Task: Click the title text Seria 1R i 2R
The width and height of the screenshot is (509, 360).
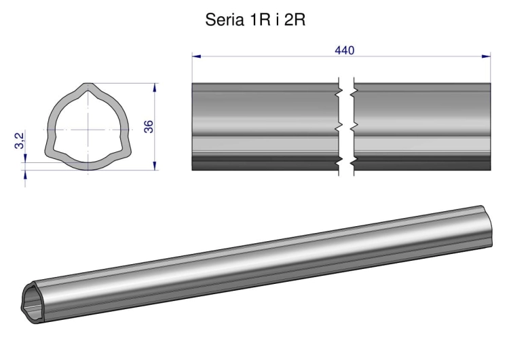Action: [255, 20]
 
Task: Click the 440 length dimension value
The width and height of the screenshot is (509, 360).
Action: [344, 50]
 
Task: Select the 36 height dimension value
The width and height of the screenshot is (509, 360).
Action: [149, 126]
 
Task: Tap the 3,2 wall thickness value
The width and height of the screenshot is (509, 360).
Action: [20, 141]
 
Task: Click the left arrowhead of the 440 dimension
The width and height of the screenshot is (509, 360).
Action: [196, 56]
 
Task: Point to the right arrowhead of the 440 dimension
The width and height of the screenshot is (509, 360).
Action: [487, 56]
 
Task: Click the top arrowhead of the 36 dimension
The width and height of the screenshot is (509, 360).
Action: [155, 88]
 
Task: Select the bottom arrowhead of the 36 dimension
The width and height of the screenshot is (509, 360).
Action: [155, 166]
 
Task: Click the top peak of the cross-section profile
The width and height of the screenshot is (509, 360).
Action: [88, 85]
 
